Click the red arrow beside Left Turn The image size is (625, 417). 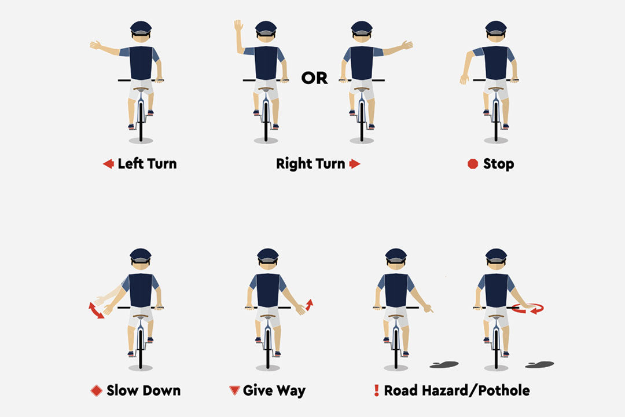coord(108,163)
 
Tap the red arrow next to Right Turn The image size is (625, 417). coord(355,163)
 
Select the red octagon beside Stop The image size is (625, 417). coord(473,163)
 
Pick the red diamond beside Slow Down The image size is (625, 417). coord(97,390)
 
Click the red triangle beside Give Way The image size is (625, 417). coord(234,390)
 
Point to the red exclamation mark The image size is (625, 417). coord(376,390)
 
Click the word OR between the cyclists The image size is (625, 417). coord(314,78)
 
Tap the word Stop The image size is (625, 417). coord(499,163)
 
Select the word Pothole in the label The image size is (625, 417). coord(504,390)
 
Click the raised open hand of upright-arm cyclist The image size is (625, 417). coord(238,25)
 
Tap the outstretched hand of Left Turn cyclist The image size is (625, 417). coord(95,45)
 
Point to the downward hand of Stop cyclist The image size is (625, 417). coord(464,79)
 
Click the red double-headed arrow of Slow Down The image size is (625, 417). coord(95,310)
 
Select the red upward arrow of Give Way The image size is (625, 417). coord(309,305)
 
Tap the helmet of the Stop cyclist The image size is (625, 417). coord(496,28)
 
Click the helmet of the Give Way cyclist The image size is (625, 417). coord(268,255)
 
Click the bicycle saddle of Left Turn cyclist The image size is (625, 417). coord(141,89)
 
